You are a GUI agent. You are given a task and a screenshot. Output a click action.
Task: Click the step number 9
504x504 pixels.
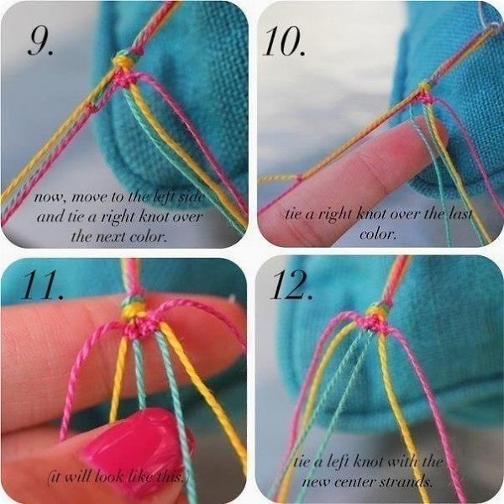40,40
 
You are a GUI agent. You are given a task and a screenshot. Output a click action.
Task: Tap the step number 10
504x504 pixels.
284,41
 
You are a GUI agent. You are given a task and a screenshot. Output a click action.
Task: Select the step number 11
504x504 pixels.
42,285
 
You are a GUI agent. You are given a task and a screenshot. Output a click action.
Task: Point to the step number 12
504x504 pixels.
291,285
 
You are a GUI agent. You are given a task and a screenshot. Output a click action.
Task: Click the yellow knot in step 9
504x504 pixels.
122,61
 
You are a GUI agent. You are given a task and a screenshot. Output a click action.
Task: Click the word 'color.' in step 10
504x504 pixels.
378,234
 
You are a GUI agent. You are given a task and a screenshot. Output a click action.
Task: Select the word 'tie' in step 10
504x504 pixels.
293,213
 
